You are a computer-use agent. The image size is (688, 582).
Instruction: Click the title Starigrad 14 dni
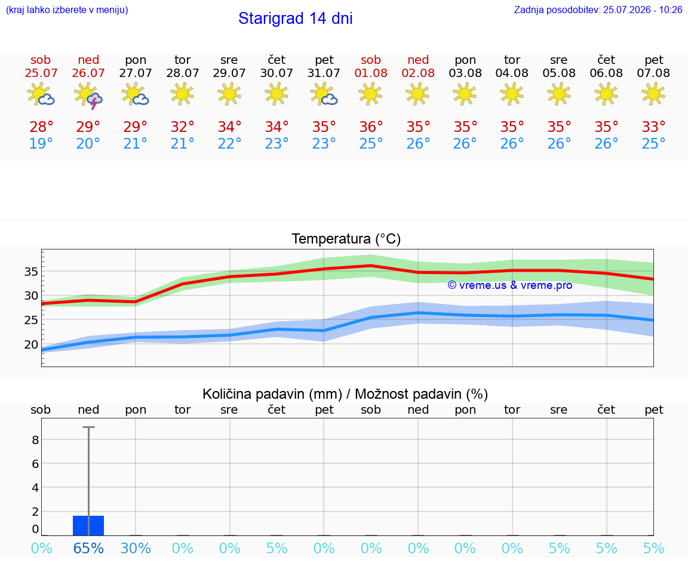click(x=295, y=19)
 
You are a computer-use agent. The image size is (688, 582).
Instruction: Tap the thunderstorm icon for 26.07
click(x=88, y=95)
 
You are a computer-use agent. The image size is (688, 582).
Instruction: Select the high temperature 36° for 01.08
click(x=371, y=127)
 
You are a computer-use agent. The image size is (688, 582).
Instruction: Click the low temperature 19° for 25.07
click(x=41, y=143)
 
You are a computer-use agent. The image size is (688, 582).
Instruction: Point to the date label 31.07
click(x=323, y=73)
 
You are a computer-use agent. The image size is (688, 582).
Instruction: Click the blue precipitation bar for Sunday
click(x=88, y=525)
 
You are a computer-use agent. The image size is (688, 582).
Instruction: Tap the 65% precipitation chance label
click(x=88, y=548)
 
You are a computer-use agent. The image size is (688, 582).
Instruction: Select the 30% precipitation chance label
click(x=136, y=548)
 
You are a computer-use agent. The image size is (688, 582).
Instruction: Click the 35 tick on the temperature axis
click(x=31, y=272)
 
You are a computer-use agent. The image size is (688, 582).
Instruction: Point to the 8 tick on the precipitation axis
click(x=35, y=440)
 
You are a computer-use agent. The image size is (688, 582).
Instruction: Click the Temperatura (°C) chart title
click(x=346, y=239)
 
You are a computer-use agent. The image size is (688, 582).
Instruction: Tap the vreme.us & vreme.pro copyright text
click(x=510, y=285)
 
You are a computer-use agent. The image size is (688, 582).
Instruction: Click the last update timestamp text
click(x=598, y=10)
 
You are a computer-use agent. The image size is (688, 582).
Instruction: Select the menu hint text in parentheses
click(x=67, y=10)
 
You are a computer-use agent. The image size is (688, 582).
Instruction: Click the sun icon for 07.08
click(x=653, y=94)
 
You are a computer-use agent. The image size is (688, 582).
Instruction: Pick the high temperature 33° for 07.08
click(x=653, y=127)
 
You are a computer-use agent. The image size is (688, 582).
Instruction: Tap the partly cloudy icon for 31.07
click(x=324, y=94)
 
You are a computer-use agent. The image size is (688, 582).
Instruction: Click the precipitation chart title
click(x=345, y=394)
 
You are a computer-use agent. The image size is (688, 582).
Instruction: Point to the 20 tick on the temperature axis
click(x=31, y=344)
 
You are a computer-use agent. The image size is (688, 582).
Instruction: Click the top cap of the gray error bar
click(x=88, y=427)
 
